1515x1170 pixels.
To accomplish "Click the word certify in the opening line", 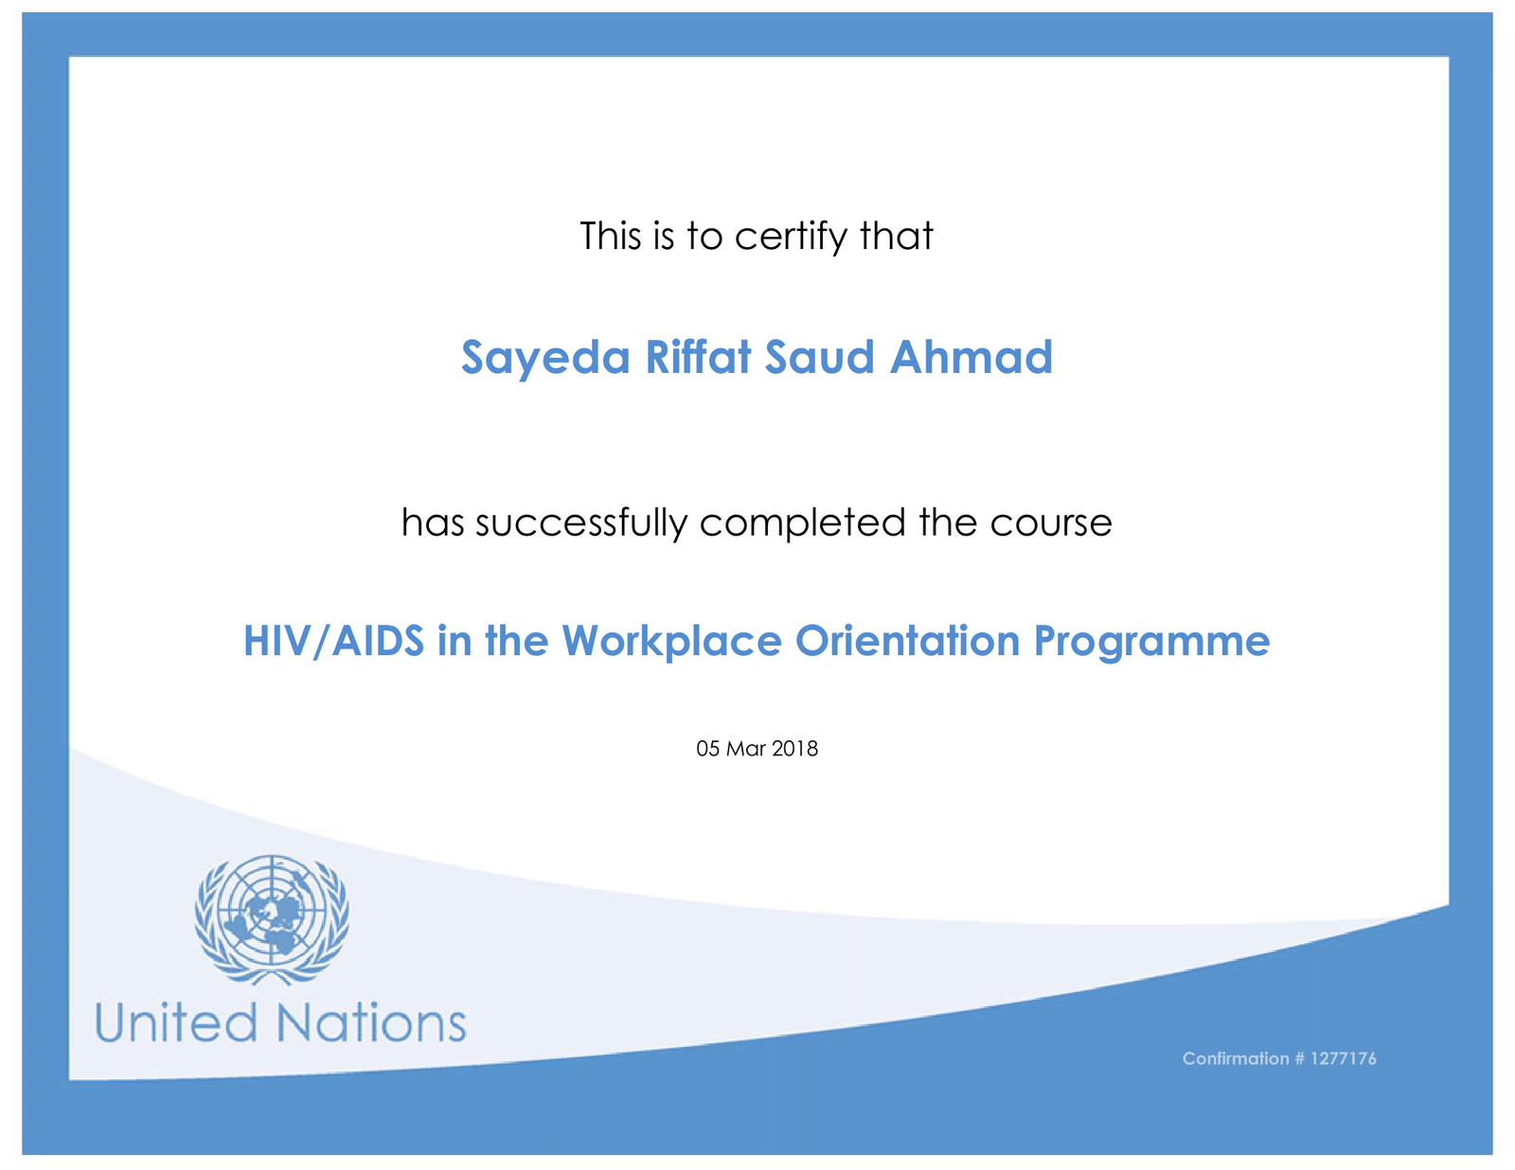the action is [x=791, y=237].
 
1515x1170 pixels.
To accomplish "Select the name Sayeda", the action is [x=545, y=358].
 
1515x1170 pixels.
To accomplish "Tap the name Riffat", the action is [x=699, y=357].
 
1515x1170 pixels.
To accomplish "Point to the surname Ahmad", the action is [x=971, y=357].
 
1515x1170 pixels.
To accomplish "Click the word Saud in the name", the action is [x=820, y=357].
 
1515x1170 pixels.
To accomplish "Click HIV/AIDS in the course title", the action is [x=334, y=641].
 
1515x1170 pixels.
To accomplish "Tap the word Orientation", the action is [x=908, y=641].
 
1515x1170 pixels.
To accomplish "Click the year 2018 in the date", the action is [x=794, y=749].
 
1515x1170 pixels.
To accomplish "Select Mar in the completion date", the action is [x=746, y=749].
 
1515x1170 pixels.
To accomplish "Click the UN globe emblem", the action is [x=272, y=919].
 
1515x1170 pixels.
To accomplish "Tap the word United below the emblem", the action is [x=176, y=1023].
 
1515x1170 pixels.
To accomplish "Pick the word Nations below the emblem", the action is [x=371, y=1023].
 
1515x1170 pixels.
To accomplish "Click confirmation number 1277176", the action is [x=1344, y=1058].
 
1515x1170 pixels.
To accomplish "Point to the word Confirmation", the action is [x=1236, y=1058].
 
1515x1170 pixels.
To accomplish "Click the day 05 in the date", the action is [x=708, y=749].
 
